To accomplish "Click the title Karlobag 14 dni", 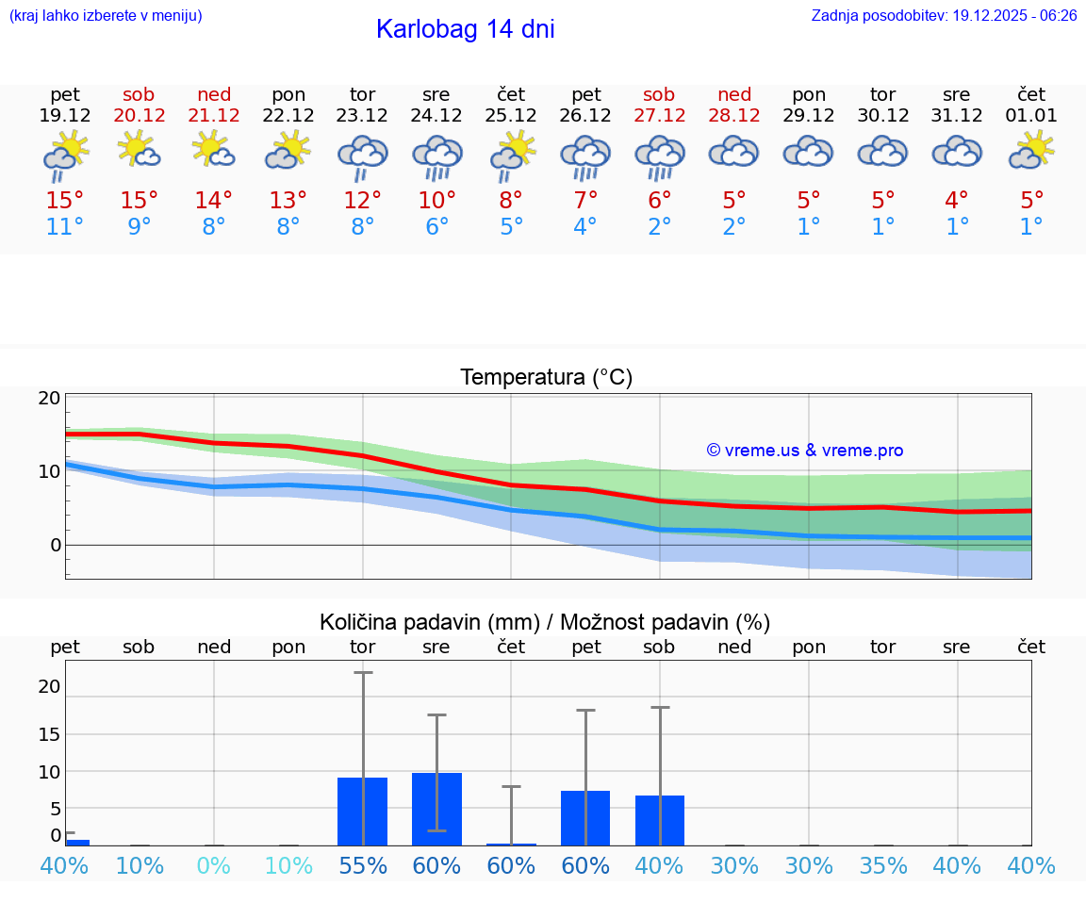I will (465, 29).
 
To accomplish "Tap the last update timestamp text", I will (944, 15).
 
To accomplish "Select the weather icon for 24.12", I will (436, 156).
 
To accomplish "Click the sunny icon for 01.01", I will (1031, 151).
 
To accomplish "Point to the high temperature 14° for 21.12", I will (214, 201).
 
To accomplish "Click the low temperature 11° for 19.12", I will (65, 227).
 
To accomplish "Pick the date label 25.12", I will (511, 116).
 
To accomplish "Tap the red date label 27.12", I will (659, 116).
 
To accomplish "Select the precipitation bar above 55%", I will (363, 812).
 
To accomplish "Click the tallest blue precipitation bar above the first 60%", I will (436, 809).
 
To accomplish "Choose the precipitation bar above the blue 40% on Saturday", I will (659, 820).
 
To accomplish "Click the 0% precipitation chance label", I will (214, 866).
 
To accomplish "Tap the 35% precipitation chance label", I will (883, 866).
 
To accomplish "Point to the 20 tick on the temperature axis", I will (49, 399).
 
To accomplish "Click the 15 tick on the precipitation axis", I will (49, 734).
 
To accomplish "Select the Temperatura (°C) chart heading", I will (546, 378).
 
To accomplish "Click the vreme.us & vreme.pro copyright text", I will (805, 451).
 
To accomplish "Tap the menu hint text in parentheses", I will (106, 15).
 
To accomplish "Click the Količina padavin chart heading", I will (545, 622).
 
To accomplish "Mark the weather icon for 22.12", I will (288, 151).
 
